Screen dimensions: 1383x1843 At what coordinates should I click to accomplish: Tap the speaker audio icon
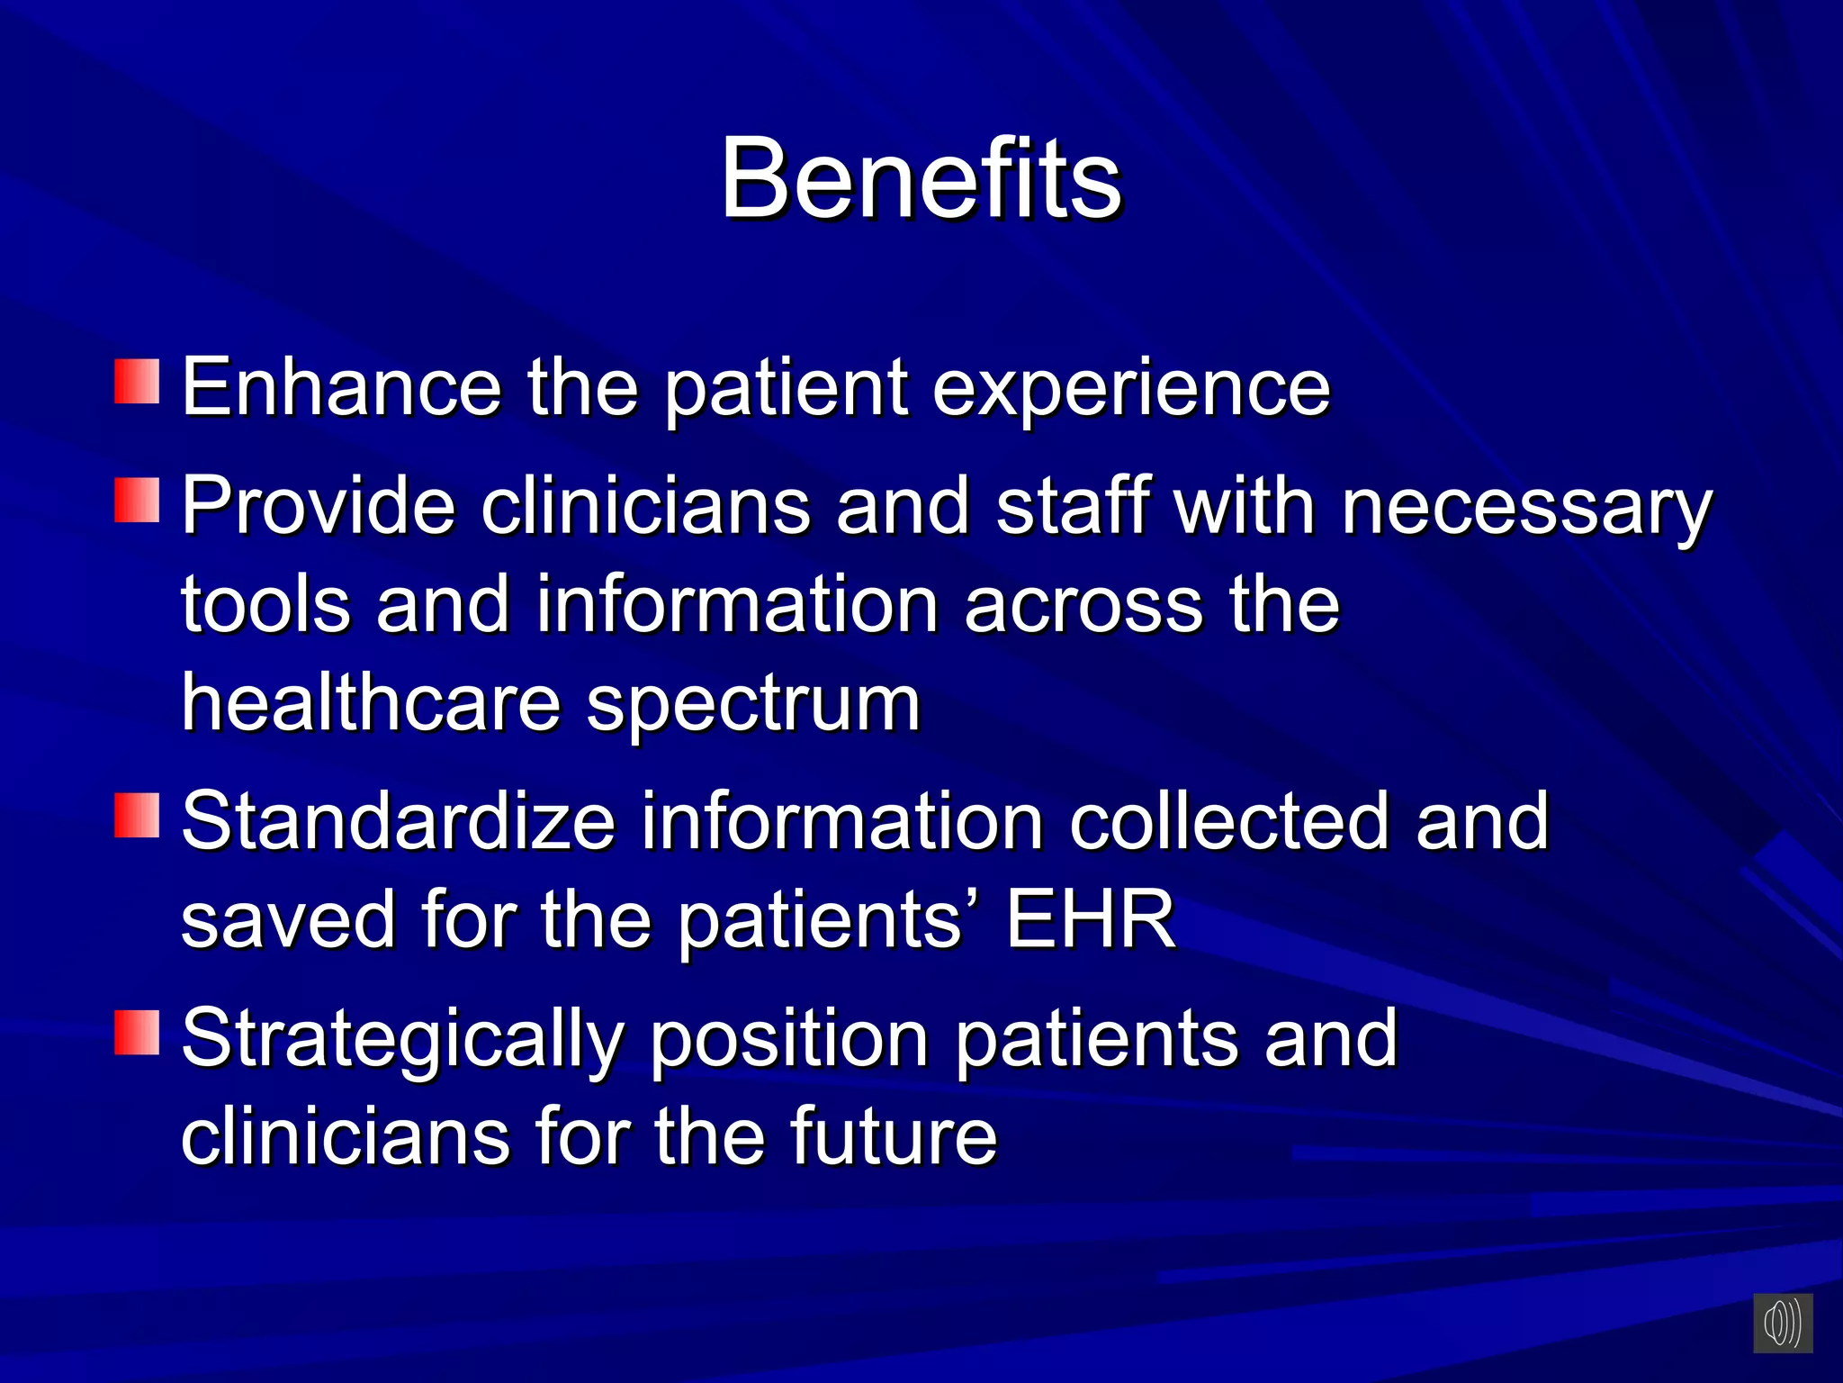(1782, 1323)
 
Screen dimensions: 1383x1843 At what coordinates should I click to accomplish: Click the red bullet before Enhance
(137, 381)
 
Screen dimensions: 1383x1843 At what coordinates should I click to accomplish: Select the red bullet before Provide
(137, 501)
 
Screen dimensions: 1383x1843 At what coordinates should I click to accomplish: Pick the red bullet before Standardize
(137, 815)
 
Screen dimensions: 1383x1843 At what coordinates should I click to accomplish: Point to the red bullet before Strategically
(137, 1032)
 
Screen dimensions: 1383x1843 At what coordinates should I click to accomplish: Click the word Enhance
(341, 387)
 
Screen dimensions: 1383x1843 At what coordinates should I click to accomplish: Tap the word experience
(1130, 389)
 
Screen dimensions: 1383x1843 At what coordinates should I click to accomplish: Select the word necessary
(1526, 507)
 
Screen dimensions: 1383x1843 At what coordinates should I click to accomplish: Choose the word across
(1083, 606)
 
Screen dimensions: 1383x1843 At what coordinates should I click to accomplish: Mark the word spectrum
(753, 706)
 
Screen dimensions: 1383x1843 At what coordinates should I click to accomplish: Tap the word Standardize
(398, 821)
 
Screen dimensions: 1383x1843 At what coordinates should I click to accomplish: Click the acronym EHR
(1090, 919)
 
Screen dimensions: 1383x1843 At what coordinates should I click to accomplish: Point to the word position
(788, 1040)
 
